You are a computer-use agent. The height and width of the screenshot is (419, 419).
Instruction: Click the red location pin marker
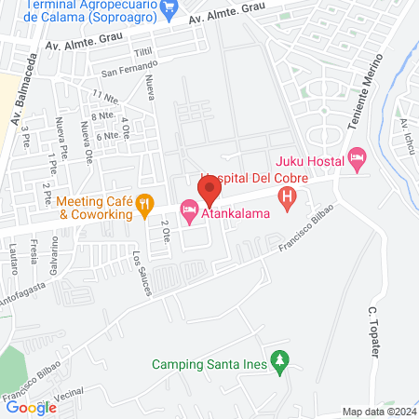[209, 193]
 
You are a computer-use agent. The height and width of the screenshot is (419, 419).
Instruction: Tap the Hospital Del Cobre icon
[288, 196]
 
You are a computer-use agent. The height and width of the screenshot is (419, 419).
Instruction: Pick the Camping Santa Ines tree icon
[277, 360]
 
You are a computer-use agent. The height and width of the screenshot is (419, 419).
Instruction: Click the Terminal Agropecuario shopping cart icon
[169, 10]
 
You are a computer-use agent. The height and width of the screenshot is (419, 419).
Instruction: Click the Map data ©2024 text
[378, 412]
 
